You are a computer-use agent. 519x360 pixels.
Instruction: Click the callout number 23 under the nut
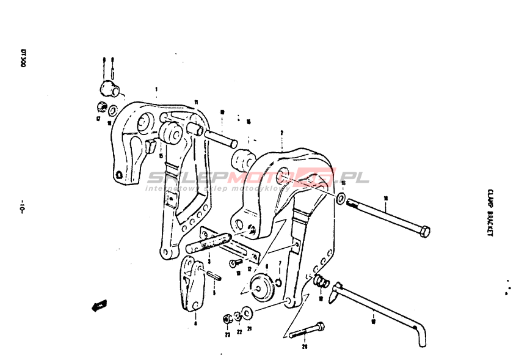pyautogui.click(x=227, y=334)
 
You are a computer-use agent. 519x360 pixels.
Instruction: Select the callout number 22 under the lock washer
pyautogui.click(x=239, y=332)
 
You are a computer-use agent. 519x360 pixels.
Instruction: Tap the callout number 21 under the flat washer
pyautogui.click(x=249, y=328)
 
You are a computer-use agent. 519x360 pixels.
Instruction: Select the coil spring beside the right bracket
pyautogui.click(x=320, y=281)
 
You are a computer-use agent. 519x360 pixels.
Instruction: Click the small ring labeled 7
pyautogui.click(x=278, y=282)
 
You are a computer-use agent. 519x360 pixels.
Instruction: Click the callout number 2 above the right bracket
pyautogui.click(x=281, y=131)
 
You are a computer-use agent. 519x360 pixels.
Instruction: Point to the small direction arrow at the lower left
pyautogui.click(x=98, y=304)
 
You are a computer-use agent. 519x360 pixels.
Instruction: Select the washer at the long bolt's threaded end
pyautogui.click(x=341, y=199)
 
